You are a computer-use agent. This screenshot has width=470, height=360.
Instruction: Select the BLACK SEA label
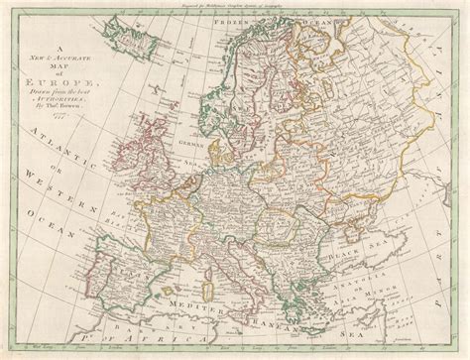tap(377, 260)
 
